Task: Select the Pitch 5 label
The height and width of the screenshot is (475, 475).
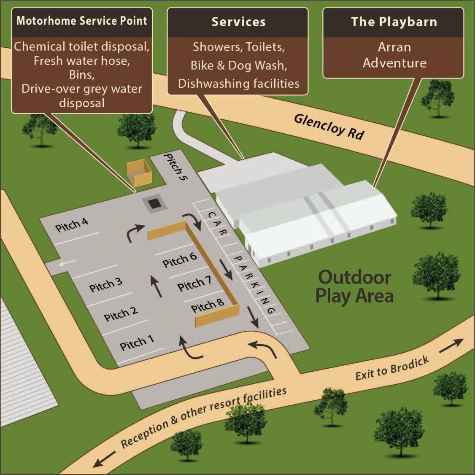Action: [175, 167]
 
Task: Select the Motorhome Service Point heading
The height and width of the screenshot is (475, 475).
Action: [81, 21]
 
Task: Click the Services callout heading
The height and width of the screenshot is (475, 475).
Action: [238, 22]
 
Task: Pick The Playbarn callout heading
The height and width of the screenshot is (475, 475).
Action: [394, 22]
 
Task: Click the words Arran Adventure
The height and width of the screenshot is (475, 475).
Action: [394, 55]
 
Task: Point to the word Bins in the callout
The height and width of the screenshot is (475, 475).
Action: [81, 75]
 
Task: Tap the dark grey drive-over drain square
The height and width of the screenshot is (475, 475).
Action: [154, 204]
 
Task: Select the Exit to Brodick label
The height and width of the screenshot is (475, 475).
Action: [392, 367]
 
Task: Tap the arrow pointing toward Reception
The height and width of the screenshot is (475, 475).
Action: [104, 459]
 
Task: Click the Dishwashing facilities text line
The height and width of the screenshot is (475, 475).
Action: [238, 84]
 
